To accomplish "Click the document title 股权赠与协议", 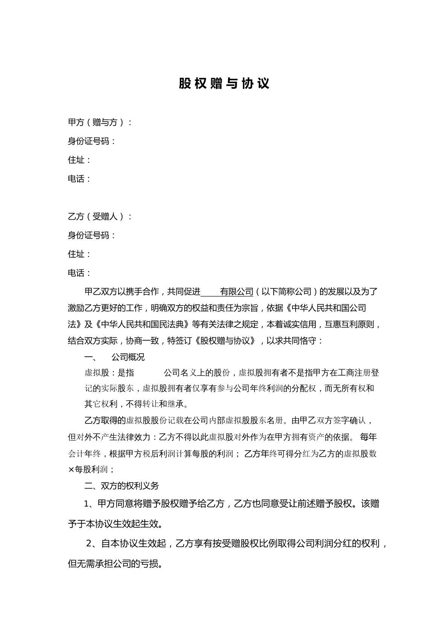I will tap(224, 84).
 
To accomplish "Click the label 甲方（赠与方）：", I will tap(100, 122).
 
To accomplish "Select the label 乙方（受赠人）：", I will tap(100, 217).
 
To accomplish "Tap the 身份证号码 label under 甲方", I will tap(91, 141).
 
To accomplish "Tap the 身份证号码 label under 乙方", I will tap(91, 235).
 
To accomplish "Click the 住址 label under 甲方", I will tap(79, 160).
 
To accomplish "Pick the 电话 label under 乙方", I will tap(79, 273).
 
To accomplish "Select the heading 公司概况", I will tap(128, 357).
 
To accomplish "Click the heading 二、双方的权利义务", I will tap(122, 486).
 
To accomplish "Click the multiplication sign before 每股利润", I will tap(70, 470).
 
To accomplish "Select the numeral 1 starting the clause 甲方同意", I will tap(86, 504).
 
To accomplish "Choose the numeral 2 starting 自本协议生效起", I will tap(89, 544).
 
